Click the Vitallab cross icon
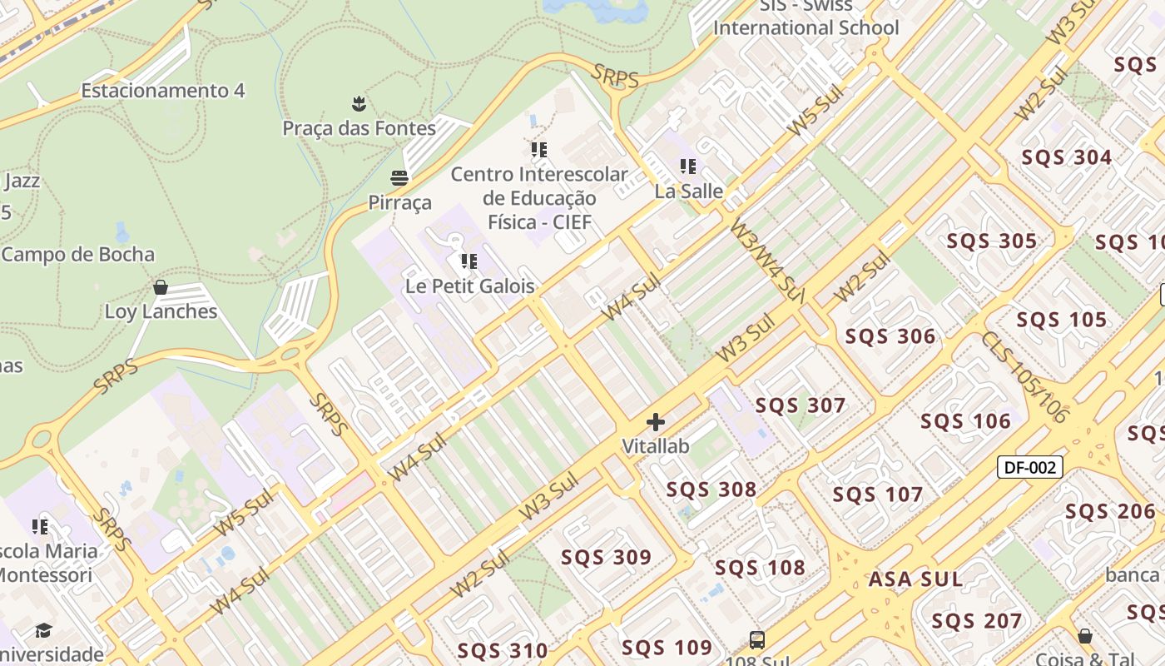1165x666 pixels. point(656,422)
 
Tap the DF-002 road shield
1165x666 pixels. point(1030,467)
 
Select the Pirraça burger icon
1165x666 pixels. point(400,178)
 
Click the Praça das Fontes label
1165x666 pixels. point(359,128)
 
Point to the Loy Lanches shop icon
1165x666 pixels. point(161,287)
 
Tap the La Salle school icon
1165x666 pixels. point(688,166)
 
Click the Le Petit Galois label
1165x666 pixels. point(469,286)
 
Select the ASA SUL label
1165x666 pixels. point(915,579)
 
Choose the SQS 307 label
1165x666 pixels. point(800,405)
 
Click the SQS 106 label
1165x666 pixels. point(965,421)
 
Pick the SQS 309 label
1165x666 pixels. point(606,557)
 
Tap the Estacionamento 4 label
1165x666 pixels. point(163,91)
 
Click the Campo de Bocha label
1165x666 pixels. point(78,255)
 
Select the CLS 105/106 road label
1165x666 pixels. point(1024,376)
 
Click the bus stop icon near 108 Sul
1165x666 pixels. point(757,639)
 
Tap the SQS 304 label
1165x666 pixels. point(1066,157)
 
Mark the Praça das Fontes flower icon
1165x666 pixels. point(359,104)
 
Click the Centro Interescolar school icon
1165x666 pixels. point(539,150)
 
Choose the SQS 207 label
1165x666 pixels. point(976,621)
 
